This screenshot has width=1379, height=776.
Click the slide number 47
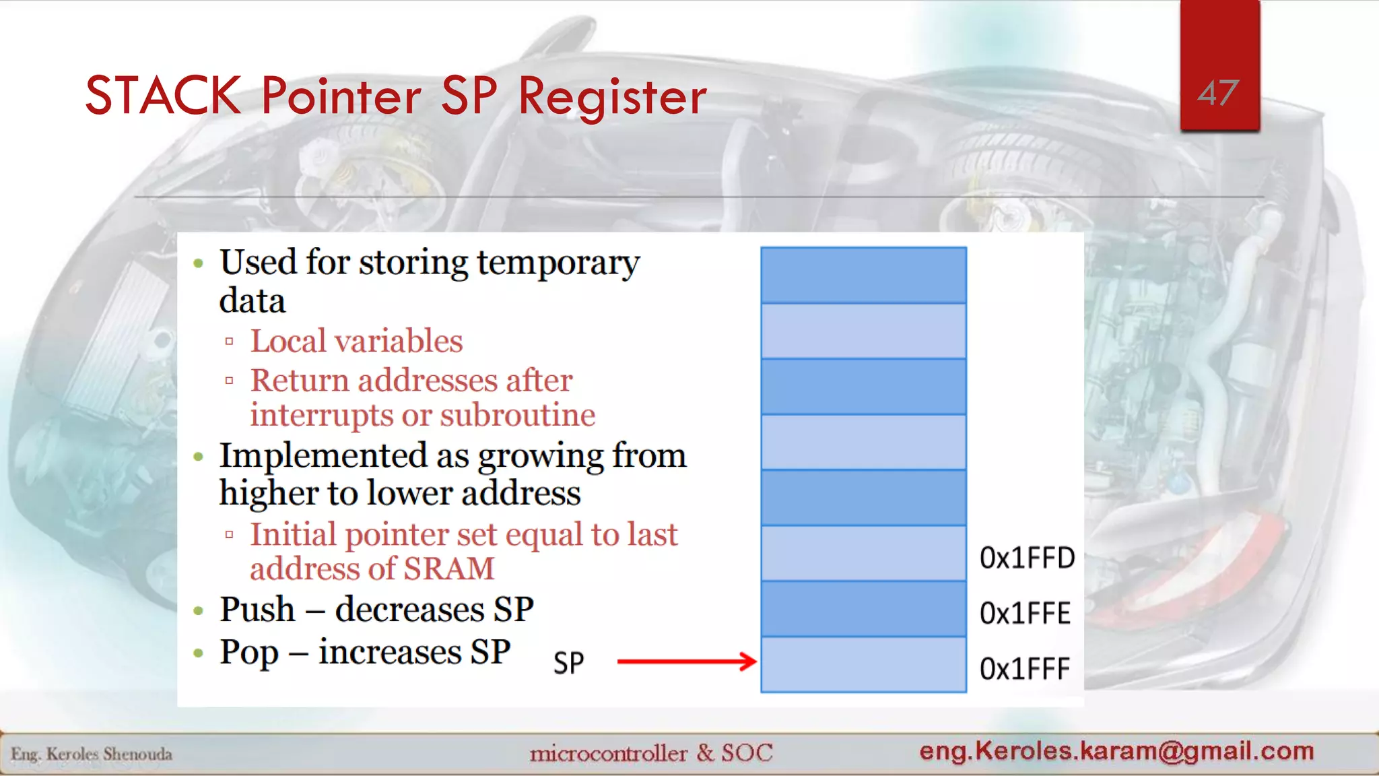(x=1218, y=93)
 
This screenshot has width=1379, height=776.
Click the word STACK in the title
(x=163, y=96)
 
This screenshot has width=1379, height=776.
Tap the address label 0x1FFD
(x=1027, y=558)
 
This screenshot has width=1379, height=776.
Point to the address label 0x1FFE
(x=1025, y=613)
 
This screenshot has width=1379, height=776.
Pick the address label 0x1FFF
(x=1024, y=669)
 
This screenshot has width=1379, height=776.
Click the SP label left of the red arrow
(x=568, y=664)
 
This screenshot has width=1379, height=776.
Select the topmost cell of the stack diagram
(x=863, y=276)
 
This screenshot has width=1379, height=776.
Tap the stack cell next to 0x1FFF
(x=863, y=665)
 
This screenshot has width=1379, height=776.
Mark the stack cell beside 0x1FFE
(x=863, y=609)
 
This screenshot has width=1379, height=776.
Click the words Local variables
(x=356, y=341)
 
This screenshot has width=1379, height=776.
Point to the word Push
(x=257, y=610)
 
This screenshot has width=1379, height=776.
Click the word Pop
(x=249, y=653)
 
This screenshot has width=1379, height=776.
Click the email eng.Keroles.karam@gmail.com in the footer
(x=1116, y=750)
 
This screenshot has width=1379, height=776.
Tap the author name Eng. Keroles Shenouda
(x=92, y=754)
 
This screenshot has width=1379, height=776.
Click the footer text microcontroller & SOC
(x=650, y=752)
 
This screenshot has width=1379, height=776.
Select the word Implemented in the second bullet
(x=323, y=456)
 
